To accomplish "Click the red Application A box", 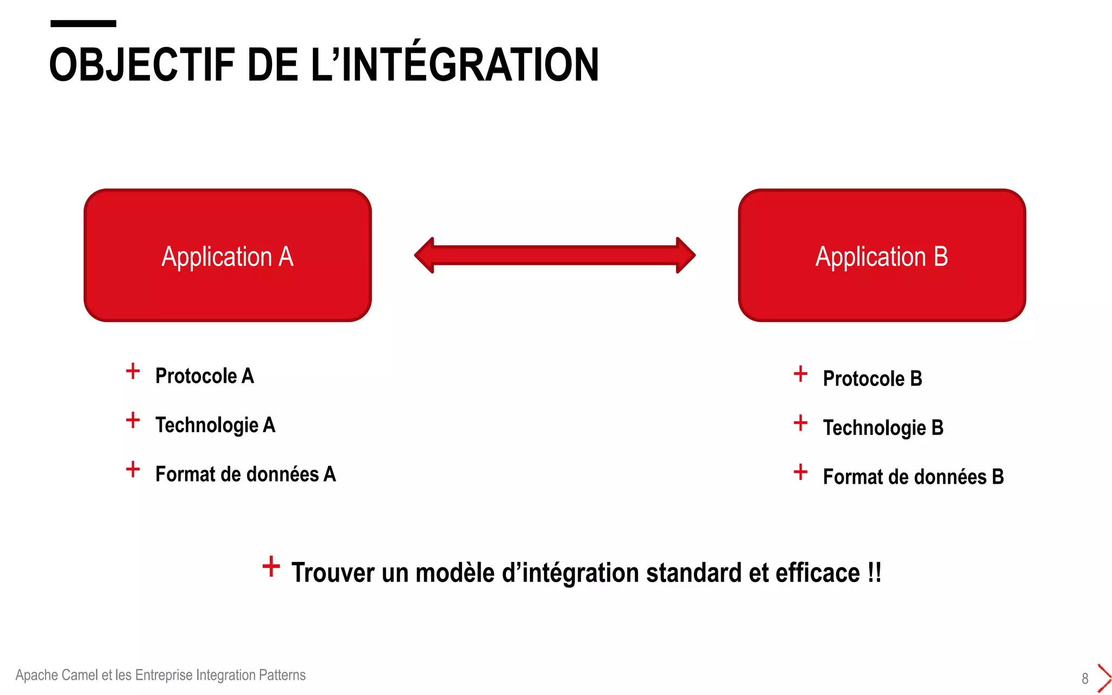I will pos(228,255).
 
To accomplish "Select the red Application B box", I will pos(882,255).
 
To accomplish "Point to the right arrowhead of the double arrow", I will pos(685,255).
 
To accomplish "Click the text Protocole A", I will pos(204,376).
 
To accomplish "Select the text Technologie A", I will pos(215,425).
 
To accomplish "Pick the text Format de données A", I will pos(245,474).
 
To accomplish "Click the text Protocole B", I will pos(872,378).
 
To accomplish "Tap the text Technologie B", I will pos(883,427).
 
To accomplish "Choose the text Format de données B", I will pos(913,477).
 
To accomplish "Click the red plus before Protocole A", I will pos(133,371).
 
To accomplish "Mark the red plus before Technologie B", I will pos(800,423).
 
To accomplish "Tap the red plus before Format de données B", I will pos(800,472).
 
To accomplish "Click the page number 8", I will pos(1085,679).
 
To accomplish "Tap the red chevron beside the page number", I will pos(1103,678).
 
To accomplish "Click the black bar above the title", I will pos(83,23).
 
